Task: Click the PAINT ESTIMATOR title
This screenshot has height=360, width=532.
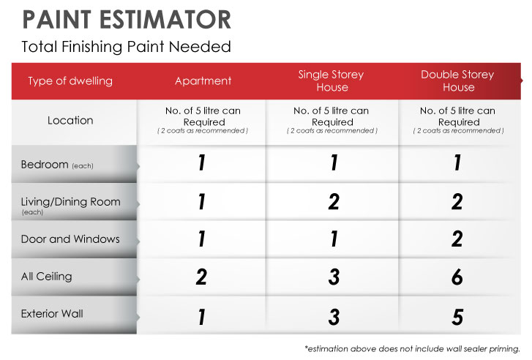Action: tap(127, 19)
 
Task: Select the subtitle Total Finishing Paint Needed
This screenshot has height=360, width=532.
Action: tap(126, 47)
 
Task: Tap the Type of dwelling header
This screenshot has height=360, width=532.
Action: tap(70, 81)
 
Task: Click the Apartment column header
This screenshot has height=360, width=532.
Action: tap(203, 80)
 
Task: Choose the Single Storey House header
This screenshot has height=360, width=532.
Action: tap(331, 80)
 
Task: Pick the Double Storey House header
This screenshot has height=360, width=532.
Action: tap(457, 80)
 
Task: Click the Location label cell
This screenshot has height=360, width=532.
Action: tap(70, 121)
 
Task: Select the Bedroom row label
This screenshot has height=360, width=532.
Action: tap(57, 165)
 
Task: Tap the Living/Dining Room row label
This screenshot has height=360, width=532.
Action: tap(70, 205)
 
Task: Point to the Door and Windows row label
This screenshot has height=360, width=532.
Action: tap(70, 239)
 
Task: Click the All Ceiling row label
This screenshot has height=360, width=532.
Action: tap(47, 277)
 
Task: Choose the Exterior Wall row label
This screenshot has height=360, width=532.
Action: tap(52, 313)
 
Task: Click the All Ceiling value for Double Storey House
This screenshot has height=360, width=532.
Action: tap(457, 277)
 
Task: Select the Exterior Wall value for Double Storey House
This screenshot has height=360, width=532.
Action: tap(457, 318)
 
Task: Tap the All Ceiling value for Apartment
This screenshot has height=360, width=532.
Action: tap(201, 277)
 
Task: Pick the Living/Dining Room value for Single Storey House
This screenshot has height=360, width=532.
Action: tap(334, 201)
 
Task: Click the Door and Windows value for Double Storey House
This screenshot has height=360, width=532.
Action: tap(457, 239)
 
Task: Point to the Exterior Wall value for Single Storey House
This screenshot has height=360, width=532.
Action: tap(334, 318)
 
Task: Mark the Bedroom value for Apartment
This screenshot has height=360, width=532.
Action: tap(201, 162)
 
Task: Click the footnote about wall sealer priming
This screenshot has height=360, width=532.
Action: tap(412, 349)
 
